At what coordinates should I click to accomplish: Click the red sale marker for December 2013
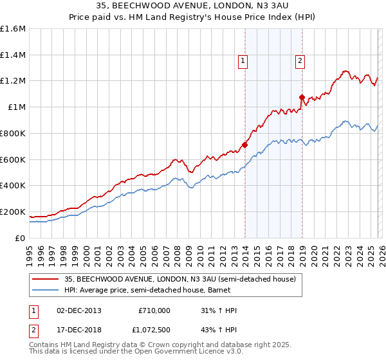[x=244, y=145]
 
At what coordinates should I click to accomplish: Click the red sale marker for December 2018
[x=302, y=97]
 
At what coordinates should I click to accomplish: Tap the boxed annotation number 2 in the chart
[x=300, y=61]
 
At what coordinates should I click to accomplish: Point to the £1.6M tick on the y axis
[x=13, y=29]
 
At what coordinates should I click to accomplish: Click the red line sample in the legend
[x=46, y=279]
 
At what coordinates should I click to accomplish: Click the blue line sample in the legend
[x=46, y=291]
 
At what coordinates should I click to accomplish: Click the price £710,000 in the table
[x=154, y=310]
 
